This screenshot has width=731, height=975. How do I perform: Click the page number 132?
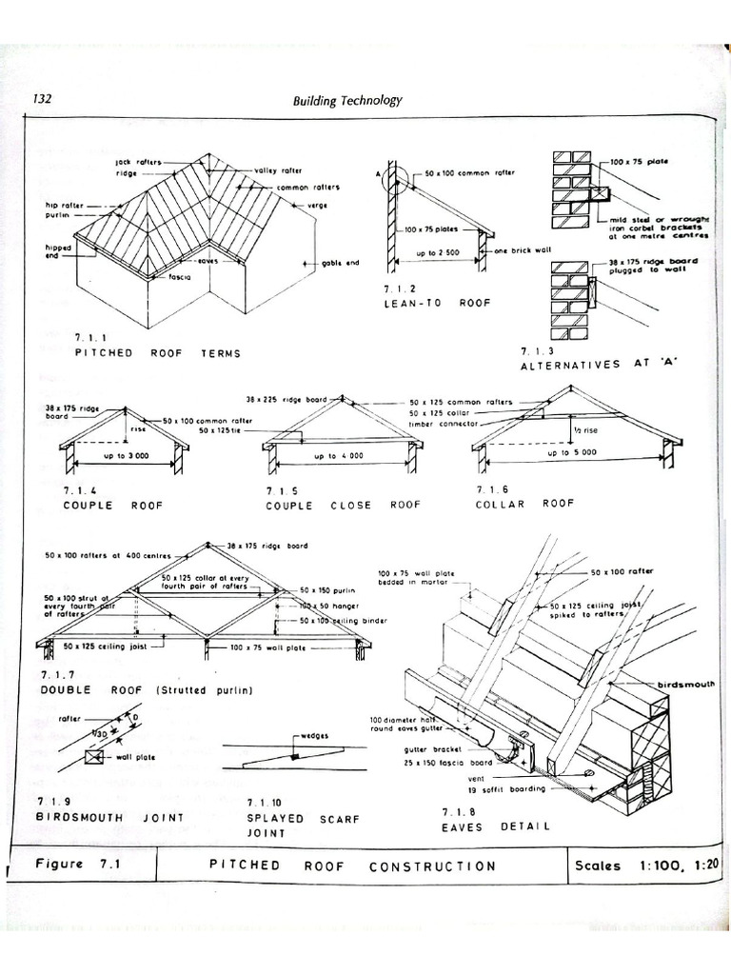coord(42,99)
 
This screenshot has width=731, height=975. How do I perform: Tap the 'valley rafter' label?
coord(278,170)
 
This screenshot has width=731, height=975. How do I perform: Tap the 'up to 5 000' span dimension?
coord(572,452)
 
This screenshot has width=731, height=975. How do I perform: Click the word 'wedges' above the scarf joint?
coord(316,736)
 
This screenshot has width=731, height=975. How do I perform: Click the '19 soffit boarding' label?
coord(506,789)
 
